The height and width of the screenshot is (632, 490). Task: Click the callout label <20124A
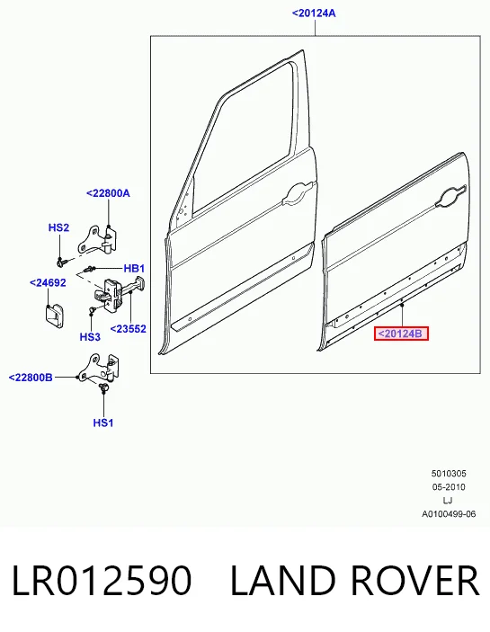pyautogui.click(x=314, y=13)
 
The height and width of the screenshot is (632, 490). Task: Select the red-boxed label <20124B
pyautogui.click(x=401, y=334)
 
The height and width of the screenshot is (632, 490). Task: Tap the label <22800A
pyautogui.click(x=108, y=193)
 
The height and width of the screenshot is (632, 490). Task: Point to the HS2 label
pyautogui.click(x=58, y=227)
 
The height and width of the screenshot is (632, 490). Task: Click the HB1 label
pyautogui.click(x=134, y=269)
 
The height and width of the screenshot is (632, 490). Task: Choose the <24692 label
pyautogui.click(x=48, y=283)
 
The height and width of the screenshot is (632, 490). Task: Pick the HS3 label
pyautogui.click(x=90, y=336)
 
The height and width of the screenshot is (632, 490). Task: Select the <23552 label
pyautogui.click(x=129, y=329)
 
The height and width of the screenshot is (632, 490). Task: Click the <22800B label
pyautogui.click(x=31, y=378)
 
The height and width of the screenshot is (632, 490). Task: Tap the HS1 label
pyautogui.click(x=103, y=423)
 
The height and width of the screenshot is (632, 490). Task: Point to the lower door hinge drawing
pyautogui.click(x=99, y=368)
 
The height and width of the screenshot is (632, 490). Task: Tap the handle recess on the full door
pyautogui.click(x=299, y=192)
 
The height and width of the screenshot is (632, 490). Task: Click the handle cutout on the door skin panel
pyautogui.click(x=450, y=198)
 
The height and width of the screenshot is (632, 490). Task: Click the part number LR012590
pyautogui.click(x=101, y=581)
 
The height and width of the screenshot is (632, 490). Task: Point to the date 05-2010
pyautogui.click(x=449, y=487)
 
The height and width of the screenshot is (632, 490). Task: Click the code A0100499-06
pyautogui.click(x=449, y=514)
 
